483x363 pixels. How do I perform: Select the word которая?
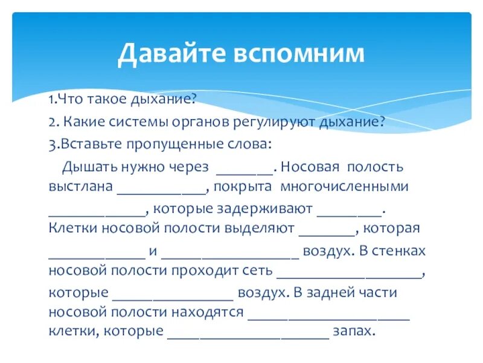(x=394, y=229)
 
